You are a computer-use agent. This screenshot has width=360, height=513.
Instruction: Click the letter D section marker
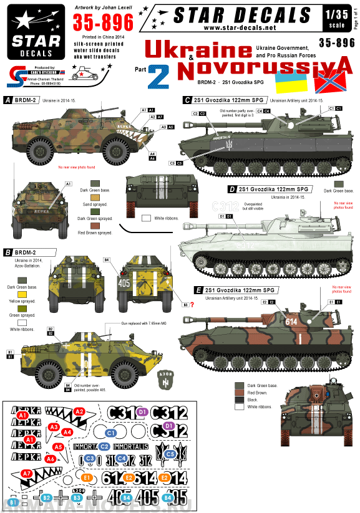(x=232, y=189)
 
